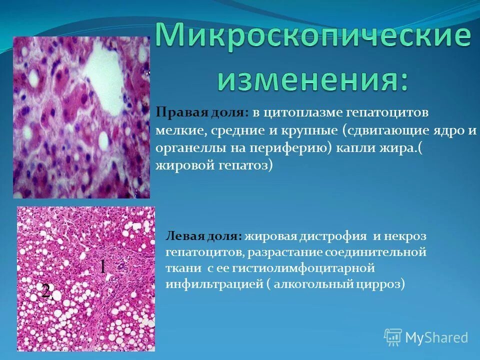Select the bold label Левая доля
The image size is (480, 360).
tap(204, 235)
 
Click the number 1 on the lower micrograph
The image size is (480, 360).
tap(102, 266)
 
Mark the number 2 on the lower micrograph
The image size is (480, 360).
tap(46, 291)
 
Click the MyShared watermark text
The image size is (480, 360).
tap(436, 337)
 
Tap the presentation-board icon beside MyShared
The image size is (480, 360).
tap(393, 337)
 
